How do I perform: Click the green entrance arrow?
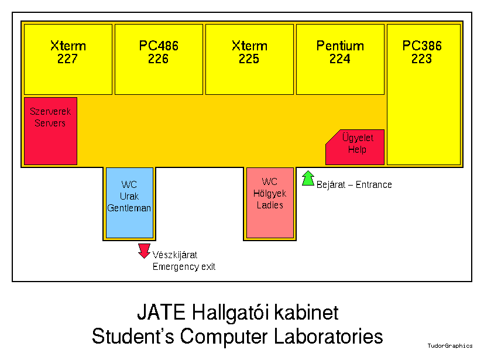(308, 178)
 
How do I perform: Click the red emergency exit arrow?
(144, 251)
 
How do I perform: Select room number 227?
(68, 59)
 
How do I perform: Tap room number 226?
(159, 59)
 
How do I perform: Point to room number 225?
(249, 59)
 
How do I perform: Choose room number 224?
(340, 59)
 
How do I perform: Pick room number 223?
(422, 59)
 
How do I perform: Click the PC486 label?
(159, 46)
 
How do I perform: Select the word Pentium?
(340, 46)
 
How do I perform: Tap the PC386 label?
(422, 46)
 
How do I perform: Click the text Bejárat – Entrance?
(354, 185)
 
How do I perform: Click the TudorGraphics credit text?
(449, 346)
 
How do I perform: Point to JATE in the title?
(161, 312)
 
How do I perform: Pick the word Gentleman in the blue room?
(129, 208)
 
